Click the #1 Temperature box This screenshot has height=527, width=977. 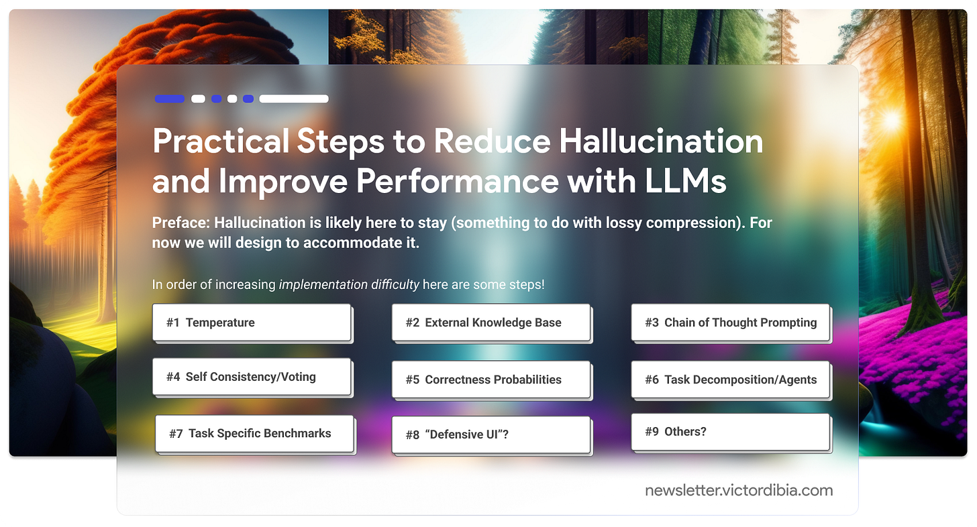pos(252,323)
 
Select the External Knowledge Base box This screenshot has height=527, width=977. pos(491,323)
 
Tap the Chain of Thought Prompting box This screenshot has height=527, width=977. pos(731,323)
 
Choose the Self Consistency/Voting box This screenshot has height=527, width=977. pos(252,377)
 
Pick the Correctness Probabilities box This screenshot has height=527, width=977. pos(491,379)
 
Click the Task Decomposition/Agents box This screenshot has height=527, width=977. pos(731,379)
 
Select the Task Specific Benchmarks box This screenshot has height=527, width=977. pos(254,434)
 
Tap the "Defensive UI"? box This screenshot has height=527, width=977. pos(491,434)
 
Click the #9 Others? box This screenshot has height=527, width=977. pos(731,432)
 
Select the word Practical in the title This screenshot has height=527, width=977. pos(220,141)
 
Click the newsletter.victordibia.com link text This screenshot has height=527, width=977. pos(739,490)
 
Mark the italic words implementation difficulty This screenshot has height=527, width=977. pos(349,284)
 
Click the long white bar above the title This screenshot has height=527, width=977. pos(294,99)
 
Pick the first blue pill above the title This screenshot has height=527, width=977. pos(170,99)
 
